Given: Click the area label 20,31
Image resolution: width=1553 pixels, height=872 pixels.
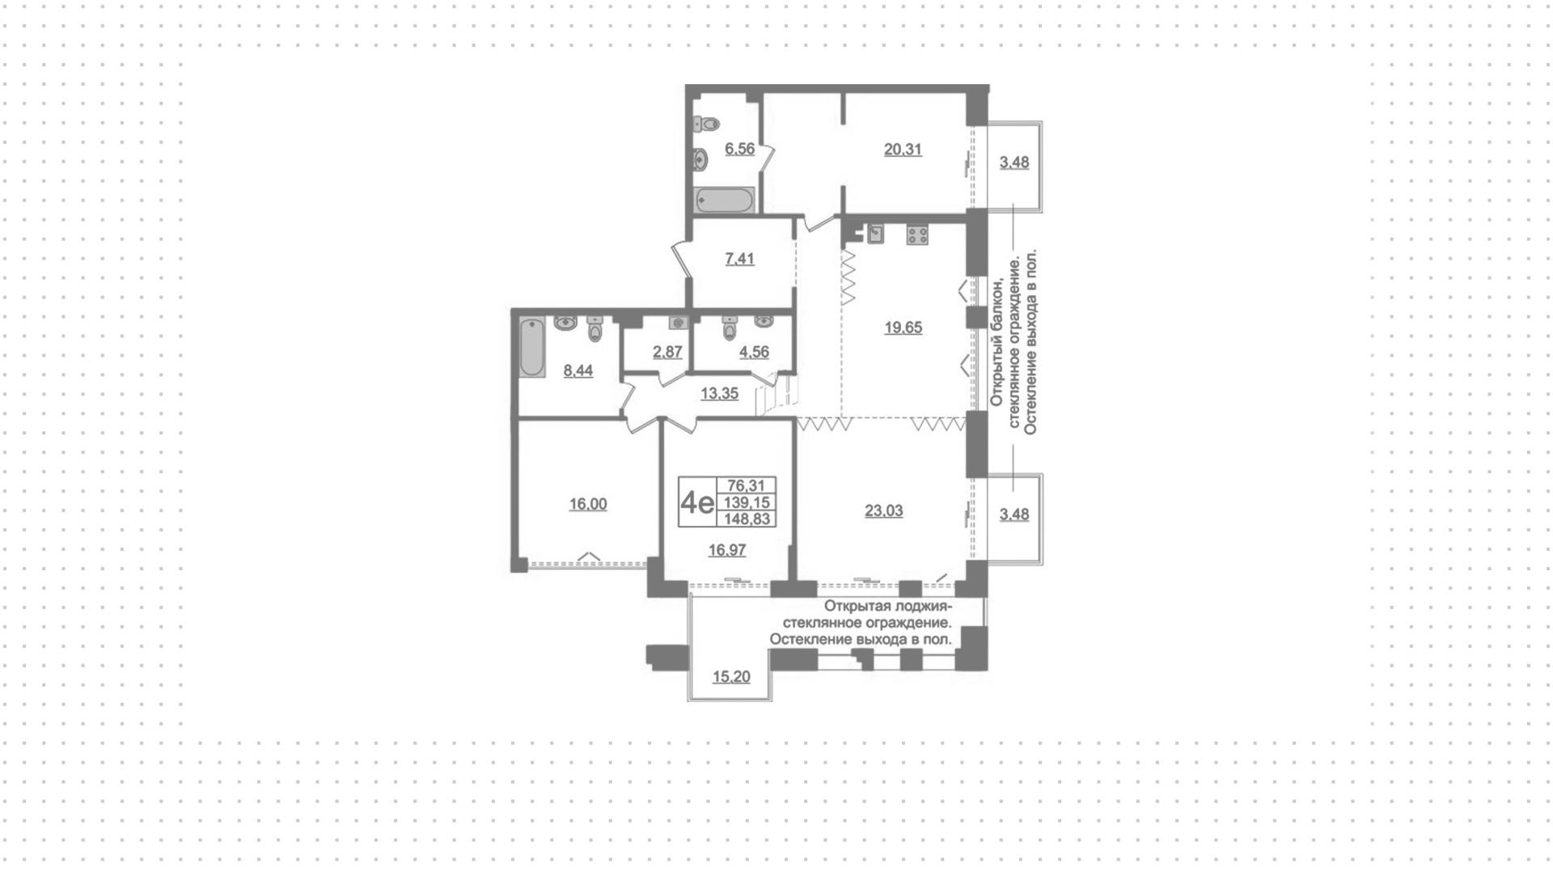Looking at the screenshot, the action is point(903,150).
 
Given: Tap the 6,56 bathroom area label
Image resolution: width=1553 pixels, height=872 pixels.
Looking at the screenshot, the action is point(740,149).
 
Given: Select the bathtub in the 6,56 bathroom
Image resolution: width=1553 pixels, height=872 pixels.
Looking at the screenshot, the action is point(726,200).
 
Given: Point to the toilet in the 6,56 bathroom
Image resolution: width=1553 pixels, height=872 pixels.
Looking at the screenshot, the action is point(707,125).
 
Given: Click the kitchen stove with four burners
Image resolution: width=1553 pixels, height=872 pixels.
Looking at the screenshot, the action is point(917,235).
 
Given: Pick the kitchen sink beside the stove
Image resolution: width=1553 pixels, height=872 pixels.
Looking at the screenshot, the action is point(875,235).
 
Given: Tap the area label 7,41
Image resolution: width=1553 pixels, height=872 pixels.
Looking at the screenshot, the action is point(740,259).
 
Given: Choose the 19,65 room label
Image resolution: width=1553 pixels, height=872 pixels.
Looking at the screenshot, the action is point(903,328).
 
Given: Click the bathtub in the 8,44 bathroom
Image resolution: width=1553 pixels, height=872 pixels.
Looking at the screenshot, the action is point(532,349).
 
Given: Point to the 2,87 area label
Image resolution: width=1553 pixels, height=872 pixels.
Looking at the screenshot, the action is point(667,353).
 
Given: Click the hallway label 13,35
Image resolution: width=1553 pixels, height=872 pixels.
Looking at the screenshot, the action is point(719,394).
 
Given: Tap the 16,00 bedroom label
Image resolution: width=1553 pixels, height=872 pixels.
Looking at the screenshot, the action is point(588,505).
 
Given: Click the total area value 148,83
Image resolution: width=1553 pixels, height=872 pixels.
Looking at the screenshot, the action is point(748,519).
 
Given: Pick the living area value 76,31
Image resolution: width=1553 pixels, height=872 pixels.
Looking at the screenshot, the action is point(747,486).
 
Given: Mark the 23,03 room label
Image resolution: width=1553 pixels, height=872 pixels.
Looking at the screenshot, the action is point(883,511).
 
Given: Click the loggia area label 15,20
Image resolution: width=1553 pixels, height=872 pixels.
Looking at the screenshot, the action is point(731,677).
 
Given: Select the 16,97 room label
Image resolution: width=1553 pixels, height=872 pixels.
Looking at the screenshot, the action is point(727,551).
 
